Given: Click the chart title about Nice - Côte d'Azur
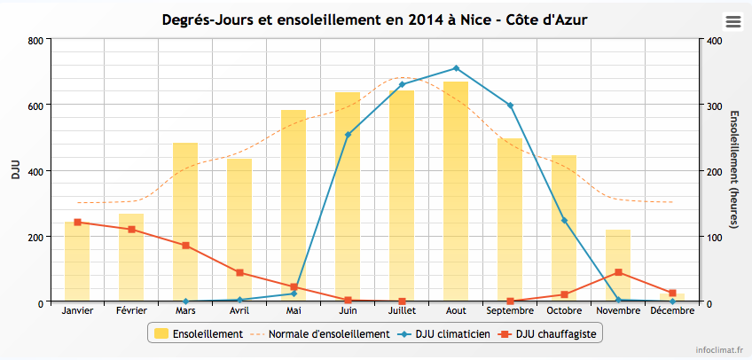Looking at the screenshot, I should pyautogui.click(x=374, y=20).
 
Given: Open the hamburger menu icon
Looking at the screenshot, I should pyautogui.click(x=732, y=21).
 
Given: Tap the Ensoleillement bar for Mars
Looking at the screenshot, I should pyautogui.click(x=185, y=222).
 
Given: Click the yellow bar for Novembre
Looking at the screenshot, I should pyautogui.click(x=618, y=265).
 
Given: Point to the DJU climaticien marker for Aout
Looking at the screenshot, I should pyautogui.click(x=456, y=68).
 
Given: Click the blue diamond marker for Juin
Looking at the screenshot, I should pyautogui.click(x=348, y=135).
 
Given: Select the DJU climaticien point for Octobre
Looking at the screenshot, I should pyautogui.click(x=564, y=220).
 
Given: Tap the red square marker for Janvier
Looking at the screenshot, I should pyautogui.click(x=77, y=222).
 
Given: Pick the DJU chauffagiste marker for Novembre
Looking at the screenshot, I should pyautogui.click(x=618, y=272).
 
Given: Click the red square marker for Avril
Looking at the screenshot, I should pyautogui.click(x=239, y=272).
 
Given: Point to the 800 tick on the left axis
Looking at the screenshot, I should pyautogui.click(x=35, y=40).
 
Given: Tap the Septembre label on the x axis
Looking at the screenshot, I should pyautogui.click(x=510, y=311).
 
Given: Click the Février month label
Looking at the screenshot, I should pyautogui.click(x=131, y=311).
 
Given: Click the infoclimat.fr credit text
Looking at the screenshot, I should pyautogui.click(x=718, y=350).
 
